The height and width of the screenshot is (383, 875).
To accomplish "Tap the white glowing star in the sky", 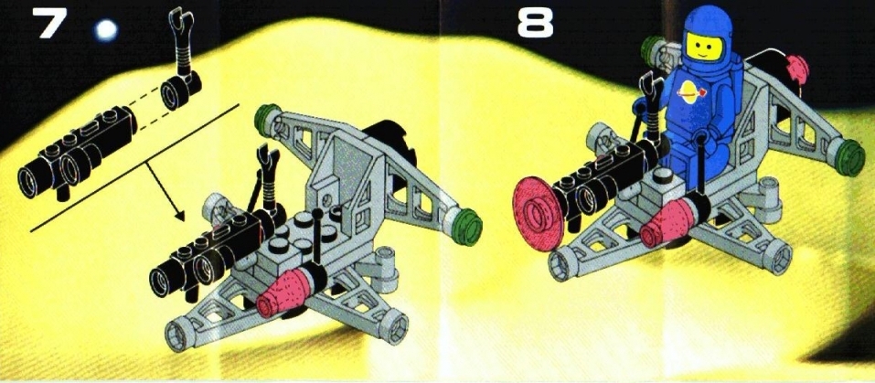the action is pyautogui.click(x=106, y=30).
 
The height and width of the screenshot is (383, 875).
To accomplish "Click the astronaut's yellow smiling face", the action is pyautogui.click(x=704, y=46).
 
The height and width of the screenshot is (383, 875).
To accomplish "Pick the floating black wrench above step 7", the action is pyautogui.click(x=181, y=41).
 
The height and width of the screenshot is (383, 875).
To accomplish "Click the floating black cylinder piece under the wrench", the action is pyautogui.click(x=180, y=90).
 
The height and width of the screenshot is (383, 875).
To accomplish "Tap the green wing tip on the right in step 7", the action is pyautogui.click(x=466, y=227).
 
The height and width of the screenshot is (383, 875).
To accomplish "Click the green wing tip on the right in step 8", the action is pyautogui.click(x=850, y=158).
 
